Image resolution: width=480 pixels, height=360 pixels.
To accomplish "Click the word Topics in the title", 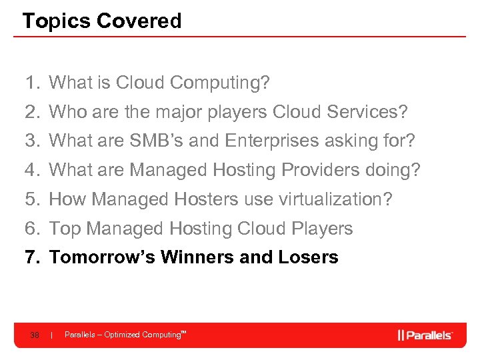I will [56, 21].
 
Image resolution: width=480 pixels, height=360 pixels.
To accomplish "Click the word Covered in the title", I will [139, 21].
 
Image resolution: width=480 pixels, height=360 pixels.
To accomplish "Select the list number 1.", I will [31, 83].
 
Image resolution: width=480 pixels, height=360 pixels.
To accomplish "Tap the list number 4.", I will [31, 170].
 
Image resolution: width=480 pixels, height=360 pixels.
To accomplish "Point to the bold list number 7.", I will [31, 257].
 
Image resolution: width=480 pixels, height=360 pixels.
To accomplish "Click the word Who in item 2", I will [67, 112].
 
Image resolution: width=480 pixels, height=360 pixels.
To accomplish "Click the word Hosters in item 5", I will [207, 199].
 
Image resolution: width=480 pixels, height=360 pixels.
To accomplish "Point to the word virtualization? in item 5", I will [337, 199].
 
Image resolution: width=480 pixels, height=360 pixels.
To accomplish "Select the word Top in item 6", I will [65, 229].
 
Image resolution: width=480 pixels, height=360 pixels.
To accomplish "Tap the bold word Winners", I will [196, 257].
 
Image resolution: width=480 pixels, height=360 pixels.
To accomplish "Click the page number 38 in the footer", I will [35, 335].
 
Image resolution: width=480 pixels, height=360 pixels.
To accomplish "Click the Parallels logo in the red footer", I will [425, 335].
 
